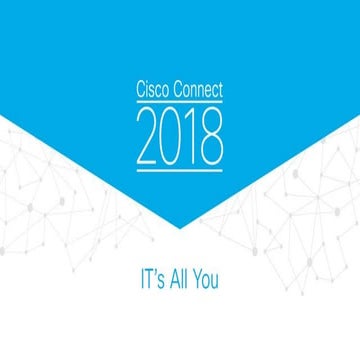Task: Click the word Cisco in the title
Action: (153, 90)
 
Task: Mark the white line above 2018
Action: (180, 103)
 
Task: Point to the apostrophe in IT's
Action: (148, 272)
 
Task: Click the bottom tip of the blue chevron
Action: (180, 228)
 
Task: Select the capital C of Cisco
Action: (140, 90)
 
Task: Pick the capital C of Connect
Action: (177, 90)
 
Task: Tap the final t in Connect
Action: (221, 90)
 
